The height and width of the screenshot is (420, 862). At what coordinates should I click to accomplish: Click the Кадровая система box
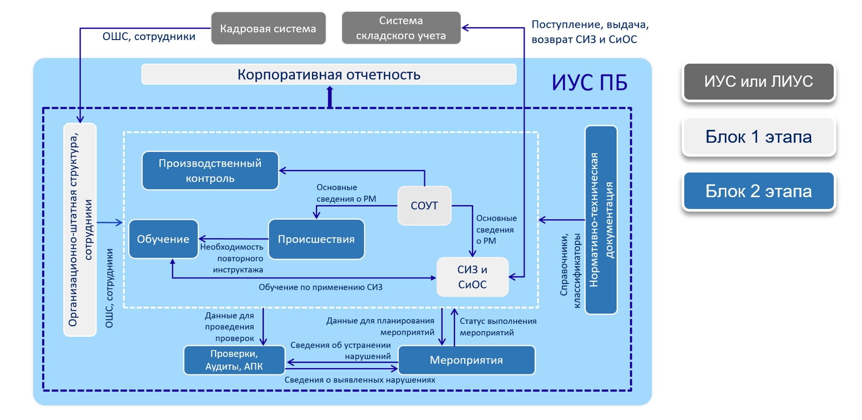click(x=268, y=28)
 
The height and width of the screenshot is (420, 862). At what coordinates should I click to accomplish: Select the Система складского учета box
click(x=401, y=28)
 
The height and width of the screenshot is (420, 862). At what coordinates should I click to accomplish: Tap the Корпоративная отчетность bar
click(x=329, y=74)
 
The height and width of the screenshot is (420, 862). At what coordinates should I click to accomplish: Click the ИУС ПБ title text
click(x=589, y=83)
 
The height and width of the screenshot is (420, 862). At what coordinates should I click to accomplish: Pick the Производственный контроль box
click(x=210, y=170)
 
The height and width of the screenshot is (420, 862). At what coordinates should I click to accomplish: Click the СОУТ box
click(x=424, y=205)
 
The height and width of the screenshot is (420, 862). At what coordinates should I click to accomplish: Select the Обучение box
click(x=163, y=239)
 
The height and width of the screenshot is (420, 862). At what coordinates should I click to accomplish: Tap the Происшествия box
click(x=316, y=239)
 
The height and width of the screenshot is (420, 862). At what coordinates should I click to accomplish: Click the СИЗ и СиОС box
click(x=472, y=277)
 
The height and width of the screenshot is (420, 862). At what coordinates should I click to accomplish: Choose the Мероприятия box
click(x=466, y=360)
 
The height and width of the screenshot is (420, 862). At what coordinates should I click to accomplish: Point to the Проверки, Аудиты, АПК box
click(x=234, y=360)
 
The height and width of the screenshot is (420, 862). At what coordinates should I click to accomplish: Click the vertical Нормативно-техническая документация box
click(x=601, y=220)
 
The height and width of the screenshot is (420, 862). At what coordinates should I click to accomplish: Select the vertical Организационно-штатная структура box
click(x=80, y=230)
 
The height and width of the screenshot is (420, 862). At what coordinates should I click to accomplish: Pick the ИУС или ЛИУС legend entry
click(x=758, y=82)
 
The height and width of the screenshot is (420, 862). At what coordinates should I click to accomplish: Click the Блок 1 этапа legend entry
click(x=758, y=137)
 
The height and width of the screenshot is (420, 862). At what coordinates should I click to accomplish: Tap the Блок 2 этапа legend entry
click(x=758, y=191)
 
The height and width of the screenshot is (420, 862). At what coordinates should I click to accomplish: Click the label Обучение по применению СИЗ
click(x=321, y=287)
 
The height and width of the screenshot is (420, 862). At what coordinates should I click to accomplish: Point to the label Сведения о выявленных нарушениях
click(x=360, y=380)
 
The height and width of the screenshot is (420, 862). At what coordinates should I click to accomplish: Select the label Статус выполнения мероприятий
click(x=497, y=327)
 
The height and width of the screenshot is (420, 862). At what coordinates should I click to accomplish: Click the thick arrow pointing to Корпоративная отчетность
click(x=330, y=96)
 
